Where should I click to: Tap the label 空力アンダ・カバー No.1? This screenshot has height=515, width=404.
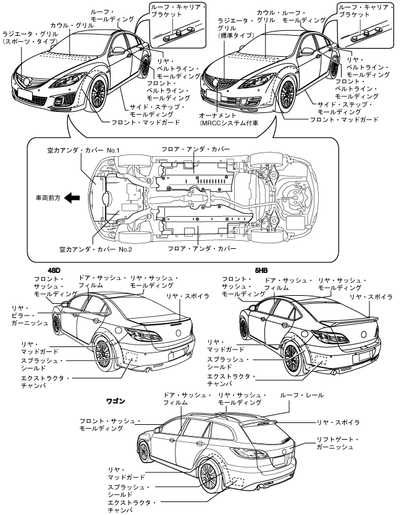click(83, 151)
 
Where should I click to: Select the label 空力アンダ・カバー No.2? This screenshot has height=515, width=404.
click(95, 249)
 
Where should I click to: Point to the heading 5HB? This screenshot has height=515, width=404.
click(261, 270)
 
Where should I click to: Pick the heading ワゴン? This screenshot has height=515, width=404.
click(116, 401)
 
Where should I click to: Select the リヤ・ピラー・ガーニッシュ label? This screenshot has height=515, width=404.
click(30, 316)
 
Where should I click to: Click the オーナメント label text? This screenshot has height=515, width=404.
click(217, 115)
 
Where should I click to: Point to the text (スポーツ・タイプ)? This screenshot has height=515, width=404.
click(30, 41)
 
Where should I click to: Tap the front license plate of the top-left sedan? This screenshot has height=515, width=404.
click(25, 94)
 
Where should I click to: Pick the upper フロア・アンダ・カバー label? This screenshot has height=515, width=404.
click(195, 149)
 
